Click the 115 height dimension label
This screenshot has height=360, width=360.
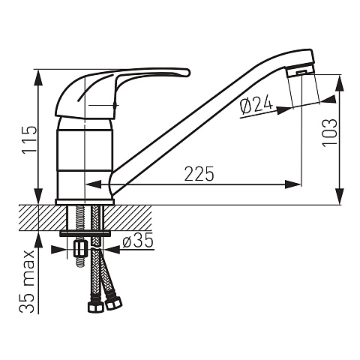pyautogui.click(x=30, y=139)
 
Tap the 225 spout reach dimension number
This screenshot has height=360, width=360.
pyautogui.click(x=199, y=173)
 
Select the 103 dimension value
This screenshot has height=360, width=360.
pyautogui.click(x=330, y=133)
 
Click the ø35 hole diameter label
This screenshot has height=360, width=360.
pyautogui.click(x=137, y=241)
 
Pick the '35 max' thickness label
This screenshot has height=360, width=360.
pyautogui.click(x=27, y=281)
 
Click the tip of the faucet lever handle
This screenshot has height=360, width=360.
pyautogui.click(x=188, y=73)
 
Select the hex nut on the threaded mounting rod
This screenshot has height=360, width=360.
pyautogui.click(x=80, y=248)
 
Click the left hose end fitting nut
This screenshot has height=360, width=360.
pyautogui.click(x=96, y=307)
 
